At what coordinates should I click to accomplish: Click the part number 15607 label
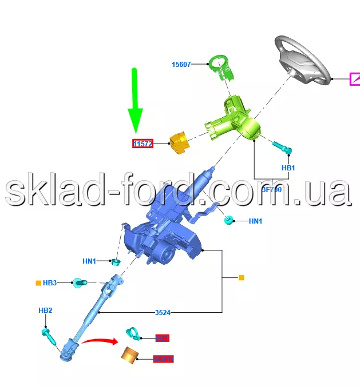coord(181,64)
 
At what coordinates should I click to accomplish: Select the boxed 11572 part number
coord(143,144)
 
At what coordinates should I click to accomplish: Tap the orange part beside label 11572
coord(180,143)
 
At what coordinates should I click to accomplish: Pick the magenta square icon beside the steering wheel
coord(355,79)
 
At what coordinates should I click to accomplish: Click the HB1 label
coord(288,168)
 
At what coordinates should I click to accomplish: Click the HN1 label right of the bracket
coord(255,221)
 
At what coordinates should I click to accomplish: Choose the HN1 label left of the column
coord(89,261)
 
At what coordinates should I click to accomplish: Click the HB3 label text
coord(50,282)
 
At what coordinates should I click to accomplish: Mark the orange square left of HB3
coord(38,282)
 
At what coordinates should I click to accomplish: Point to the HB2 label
coord(45,311)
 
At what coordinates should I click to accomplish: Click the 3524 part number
coord(163,313)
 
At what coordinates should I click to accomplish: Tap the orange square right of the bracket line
coord(241,278)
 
